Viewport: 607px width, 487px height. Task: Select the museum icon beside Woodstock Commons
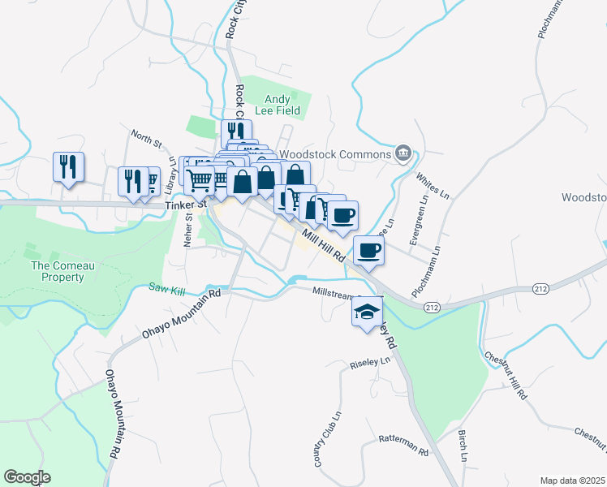click(403, 153)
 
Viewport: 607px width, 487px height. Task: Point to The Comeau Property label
click(58, 271)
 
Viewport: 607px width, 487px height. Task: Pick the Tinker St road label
click(183, 206)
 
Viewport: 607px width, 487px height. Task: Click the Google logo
click(27, 477)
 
